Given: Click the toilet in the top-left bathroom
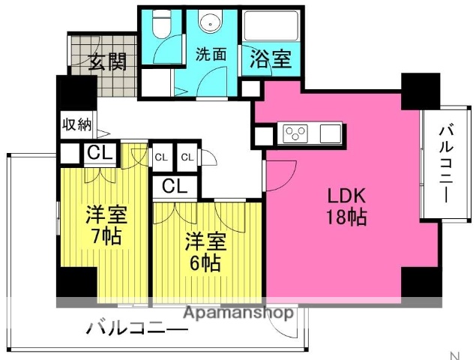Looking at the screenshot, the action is coord(161,24).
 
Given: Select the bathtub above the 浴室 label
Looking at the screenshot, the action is coord(271,25).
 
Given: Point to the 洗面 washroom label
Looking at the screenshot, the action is coord(211,55).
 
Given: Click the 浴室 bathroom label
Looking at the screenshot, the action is coord(271,58).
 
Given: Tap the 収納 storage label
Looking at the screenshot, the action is coord(76,124).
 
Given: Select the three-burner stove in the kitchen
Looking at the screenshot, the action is coord(295,133).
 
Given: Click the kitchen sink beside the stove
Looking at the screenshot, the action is coord(331,133).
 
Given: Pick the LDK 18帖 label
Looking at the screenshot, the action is coord(346,206).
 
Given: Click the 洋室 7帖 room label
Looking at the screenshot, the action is coord(106,225).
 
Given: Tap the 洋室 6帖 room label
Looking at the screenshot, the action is coord(205,252).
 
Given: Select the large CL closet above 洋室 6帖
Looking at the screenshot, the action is coord(175,186).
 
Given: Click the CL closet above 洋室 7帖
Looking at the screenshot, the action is coord(100,154).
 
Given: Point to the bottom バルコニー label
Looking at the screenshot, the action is coord(136,328).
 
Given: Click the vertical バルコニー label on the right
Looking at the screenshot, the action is coord(446,164).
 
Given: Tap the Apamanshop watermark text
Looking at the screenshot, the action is coord(238,312).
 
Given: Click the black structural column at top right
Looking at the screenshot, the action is coord(421,91).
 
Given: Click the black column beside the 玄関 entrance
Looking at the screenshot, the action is coord(76,93).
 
